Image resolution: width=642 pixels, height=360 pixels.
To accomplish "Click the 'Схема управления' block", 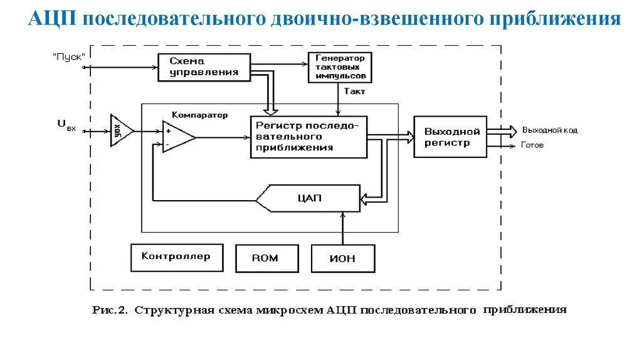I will pos(203,66).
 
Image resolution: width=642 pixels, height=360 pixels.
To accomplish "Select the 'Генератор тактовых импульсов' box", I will pos(340,68).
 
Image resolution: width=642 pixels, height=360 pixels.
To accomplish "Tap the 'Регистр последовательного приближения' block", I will pos(308,137).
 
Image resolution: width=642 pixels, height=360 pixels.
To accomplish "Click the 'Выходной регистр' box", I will pos(450,137).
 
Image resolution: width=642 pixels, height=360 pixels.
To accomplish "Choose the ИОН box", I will pos(342,258).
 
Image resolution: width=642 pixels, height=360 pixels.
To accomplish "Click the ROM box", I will pos(265,258).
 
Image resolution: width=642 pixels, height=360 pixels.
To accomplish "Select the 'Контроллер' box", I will pos(176,257).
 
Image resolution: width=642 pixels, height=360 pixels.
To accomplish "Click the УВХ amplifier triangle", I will pos(120,131).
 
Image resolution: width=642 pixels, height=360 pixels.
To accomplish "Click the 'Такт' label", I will pos(354,92).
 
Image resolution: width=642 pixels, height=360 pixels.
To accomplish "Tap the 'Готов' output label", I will pos(532,145).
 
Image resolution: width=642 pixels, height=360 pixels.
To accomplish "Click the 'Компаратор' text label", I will pos(199,115).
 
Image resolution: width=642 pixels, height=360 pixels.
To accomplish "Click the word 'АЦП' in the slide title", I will pos(52,19).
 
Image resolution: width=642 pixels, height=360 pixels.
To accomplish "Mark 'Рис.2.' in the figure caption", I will pos(110,310).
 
